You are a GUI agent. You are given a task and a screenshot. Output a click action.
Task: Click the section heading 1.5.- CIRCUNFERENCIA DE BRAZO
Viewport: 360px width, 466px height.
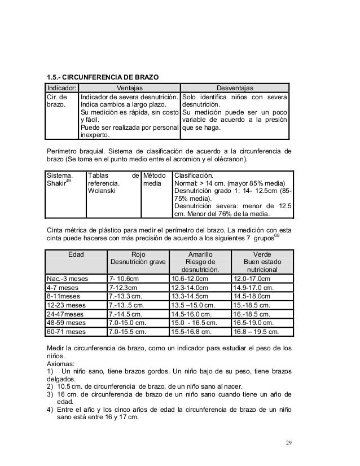pyautogui.click(x=102, y=76)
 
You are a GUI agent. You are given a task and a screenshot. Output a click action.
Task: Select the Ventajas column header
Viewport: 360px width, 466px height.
pyautogui.click(x=129, y=87)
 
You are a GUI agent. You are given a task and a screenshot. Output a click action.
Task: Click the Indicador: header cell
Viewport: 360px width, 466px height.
pyautogui.click(x=62, y=87)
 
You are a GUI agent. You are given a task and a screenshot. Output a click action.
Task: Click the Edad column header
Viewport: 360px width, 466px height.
pyautogui.click(x=76, y=254)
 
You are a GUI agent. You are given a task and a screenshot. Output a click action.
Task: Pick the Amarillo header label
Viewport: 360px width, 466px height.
pyautogui.click(x=200, y=254)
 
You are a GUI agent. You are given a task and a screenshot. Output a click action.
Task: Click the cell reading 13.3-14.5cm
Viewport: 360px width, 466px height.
pyautogui.click(x=190, y=296)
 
